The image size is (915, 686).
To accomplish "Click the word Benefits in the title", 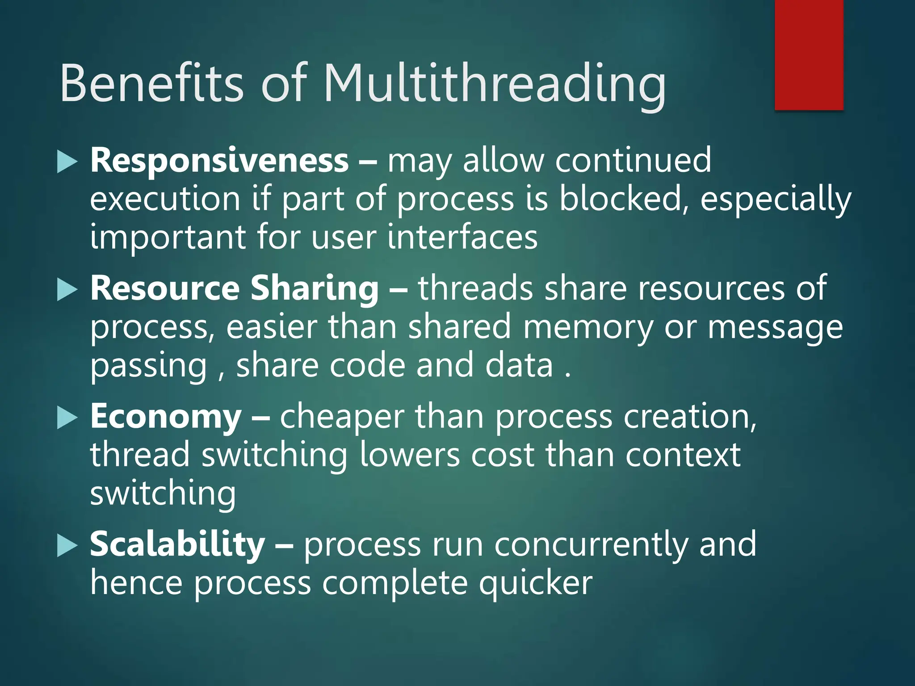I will pyautogui.click(x=152, y=84).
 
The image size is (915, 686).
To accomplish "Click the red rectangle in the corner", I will pyautogui.click(x=809, y=54).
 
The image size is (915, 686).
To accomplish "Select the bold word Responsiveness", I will pyautogui.click(x=219, y=161).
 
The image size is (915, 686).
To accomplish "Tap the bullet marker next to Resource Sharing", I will pyautogui.click(x=67, y=290).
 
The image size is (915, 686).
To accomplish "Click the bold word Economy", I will pyautogui.click(x=166, y=417).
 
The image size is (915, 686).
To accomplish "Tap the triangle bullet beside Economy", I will pyautogui.click(x=67, y=418).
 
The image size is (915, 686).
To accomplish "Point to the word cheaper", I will pyautogui.click(x=342, y=417).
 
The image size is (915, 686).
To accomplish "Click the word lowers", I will pyautogui.click(x=409, y=455).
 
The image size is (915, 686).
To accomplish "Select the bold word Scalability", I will pyautogui.click(x=177, y=545).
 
